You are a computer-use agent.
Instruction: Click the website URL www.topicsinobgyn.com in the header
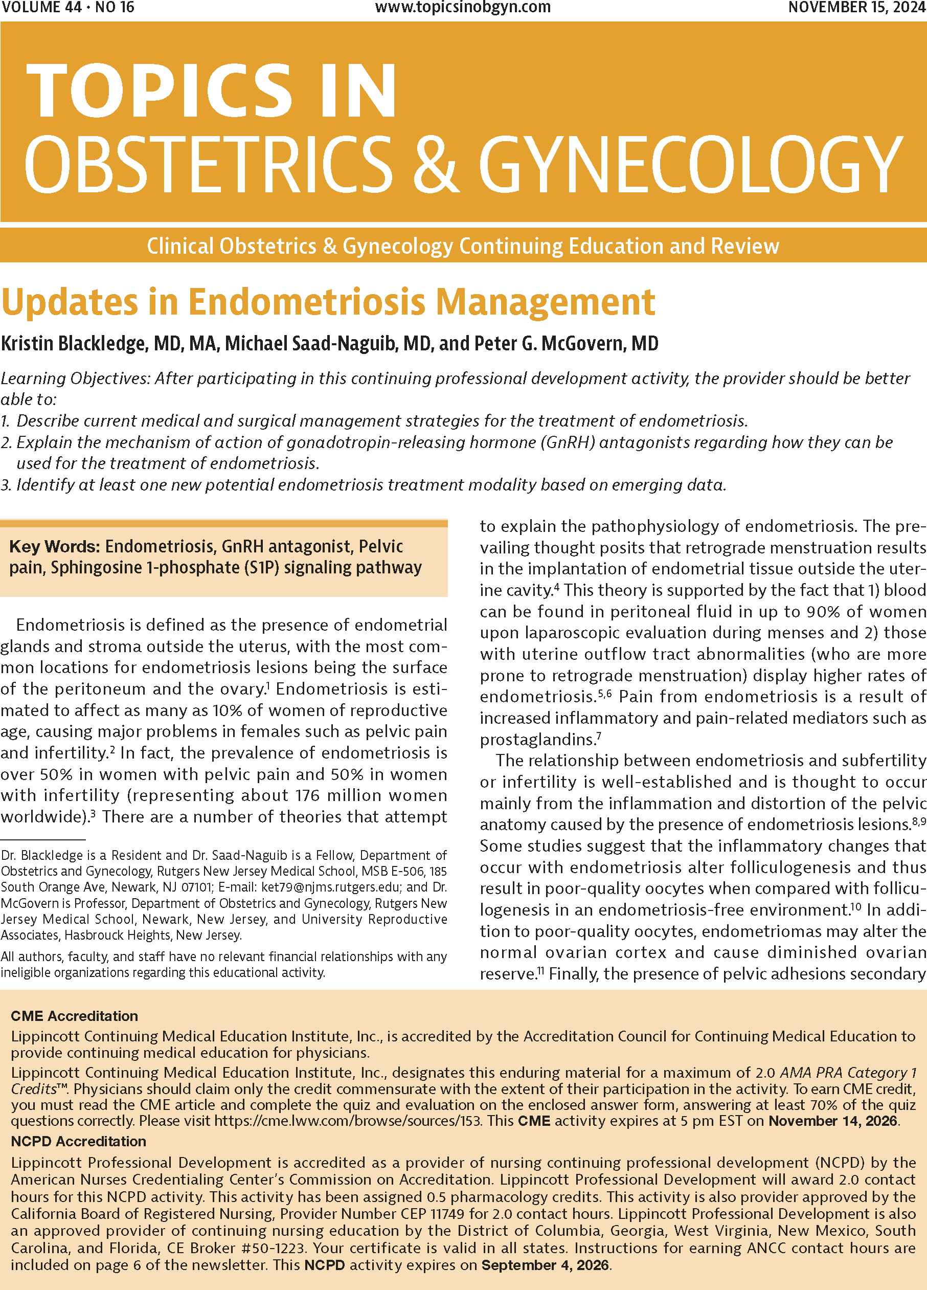tap(463, 7)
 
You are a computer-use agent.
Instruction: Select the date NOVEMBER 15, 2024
tap(856, 7)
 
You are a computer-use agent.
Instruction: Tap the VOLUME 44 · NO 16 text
tap(68, 7)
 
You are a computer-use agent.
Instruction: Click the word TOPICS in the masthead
tap(159, 91)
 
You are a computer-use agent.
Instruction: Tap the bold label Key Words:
tap(55, 547)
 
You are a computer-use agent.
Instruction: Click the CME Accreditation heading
tap(74, 1016)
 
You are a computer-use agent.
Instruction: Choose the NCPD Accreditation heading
tap(78, 1141)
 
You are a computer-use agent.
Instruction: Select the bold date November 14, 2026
tap(832, 1121)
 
